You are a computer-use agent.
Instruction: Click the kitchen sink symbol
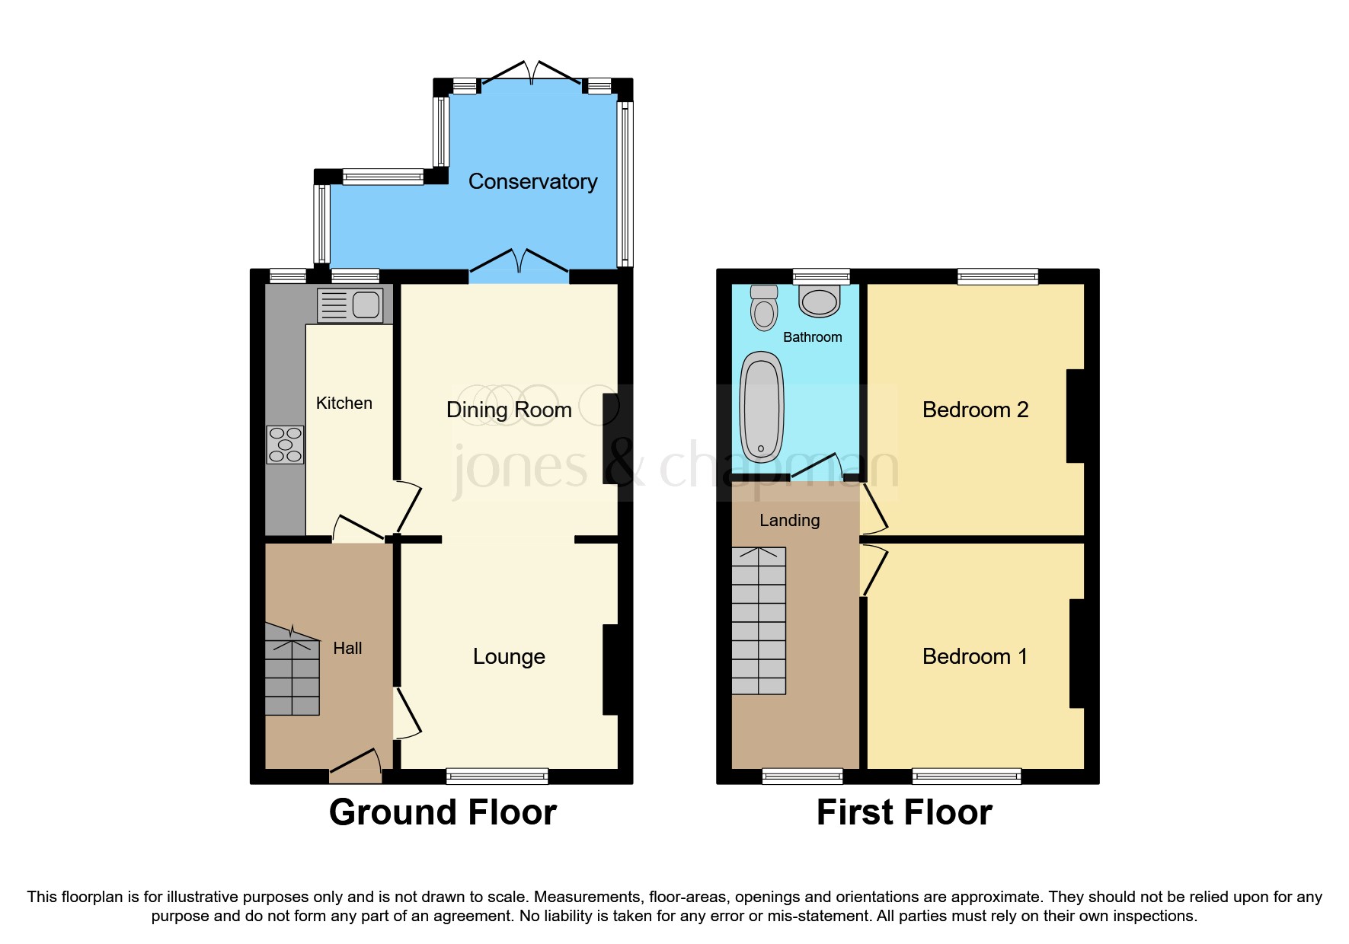click(350, 305)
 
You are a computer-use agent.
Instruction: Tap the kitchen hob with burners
click(285, 445)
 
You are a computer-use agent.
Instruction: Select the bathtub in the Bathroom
click(761, 407)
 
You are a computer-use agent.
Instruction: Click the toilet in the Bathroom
click(764, 308)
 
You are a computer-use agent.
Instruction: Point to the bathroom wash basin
click(820, 301)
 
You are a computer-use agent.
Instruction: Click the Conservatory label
click(532, 181)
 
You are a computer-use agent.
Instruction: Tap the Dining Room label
click(509, 410)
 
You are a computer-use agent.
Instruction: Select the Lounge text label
click(509, 656)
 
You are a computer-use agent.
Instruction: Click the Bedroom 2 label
click(975, 410)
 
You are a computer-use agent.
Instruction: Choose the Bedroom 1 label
click(975, 656)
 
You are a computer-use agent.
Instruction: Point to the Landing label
click(789, 520)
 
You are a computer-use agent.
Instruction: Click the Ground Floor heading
click(443, 812)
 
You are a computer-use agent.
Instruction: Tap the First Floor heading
click(904, 812)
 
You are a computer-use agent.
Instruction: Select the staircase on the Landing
click(759, 620)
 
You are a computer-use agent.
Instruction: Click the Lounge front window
click(497, 777)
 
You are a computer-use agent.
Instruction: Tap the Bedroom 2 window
click(997, 276)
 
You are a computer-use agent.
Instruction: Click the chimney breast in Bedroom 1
click(1076, 653)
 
